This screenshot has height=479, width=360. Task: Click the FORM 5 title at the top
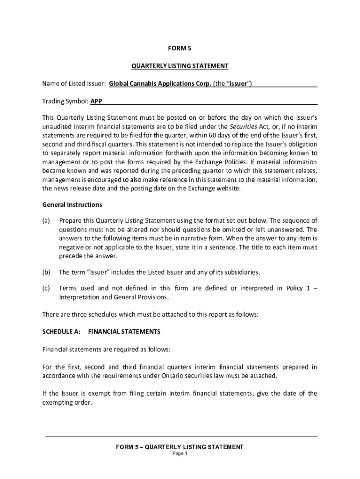[x=180, y=48]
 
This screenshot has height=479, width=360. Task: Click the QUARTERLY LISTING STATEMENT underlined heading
[x=180, y=66]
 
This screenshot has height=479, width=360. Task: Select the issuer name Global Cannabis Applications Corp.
[x=160, y=84]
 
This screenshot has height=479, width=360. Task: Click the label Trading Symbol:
[x=65, y=101]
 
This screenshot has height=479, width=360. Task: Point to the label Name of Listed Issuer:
[x=74, y=84]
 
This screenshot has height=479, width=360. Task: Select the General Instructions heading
[x=72, y=204]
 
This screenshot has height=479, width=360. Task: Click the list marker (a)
[x=46, y=221]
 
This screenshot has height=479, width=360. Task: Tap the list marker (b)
[x=46, y=272]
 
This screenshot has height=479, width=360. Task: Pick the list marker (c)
[x=46, y=288]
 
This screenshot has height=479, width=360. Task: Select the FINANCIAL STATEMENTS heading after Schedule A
[x=124, y=332]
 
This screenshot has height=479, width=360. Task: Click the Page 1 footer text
[x=180, y=454]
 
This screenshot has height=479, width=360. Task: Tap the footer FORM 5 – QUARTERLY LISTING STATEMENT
[x=180, y=447]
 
